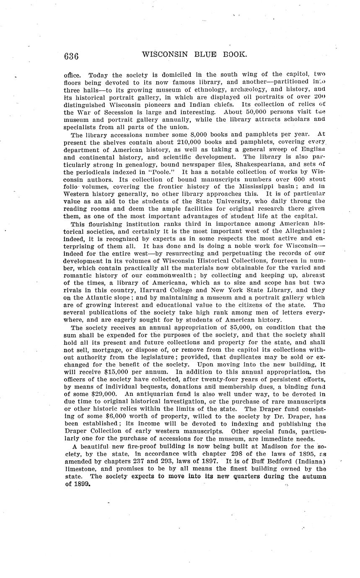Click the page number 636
71,56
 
